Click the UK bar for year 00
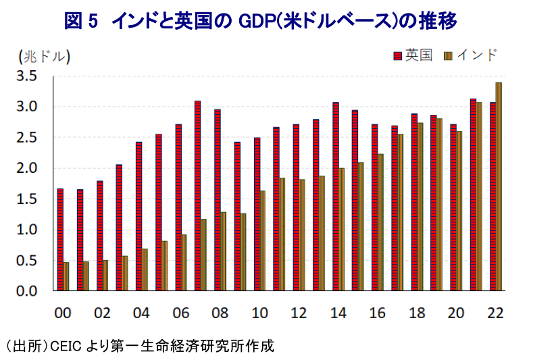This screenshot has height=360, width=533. (x=60, y=240)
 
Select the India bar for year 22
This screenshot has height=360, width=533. (x=499, y=186)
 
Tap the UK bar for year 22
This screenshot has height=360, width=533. (x=492, y=197)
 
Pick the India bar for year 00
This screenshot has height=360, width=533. (x=66, y=276)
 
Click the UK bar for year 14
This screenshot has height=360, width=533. (x=335, y=197)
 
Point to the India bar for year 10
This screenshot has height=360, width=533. (x=263, y=240)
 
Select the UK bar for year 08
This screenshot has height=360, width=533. (x=218, y=200)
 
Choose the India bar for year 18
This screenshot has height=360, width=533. (x=420, y=207)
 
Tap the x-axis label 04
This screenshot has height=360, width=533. (x=140, y=314)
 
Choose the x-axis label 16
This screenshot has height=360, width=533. (x=376, y=314)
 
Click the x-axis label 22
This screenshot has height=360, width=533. (x=494, y=314)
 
